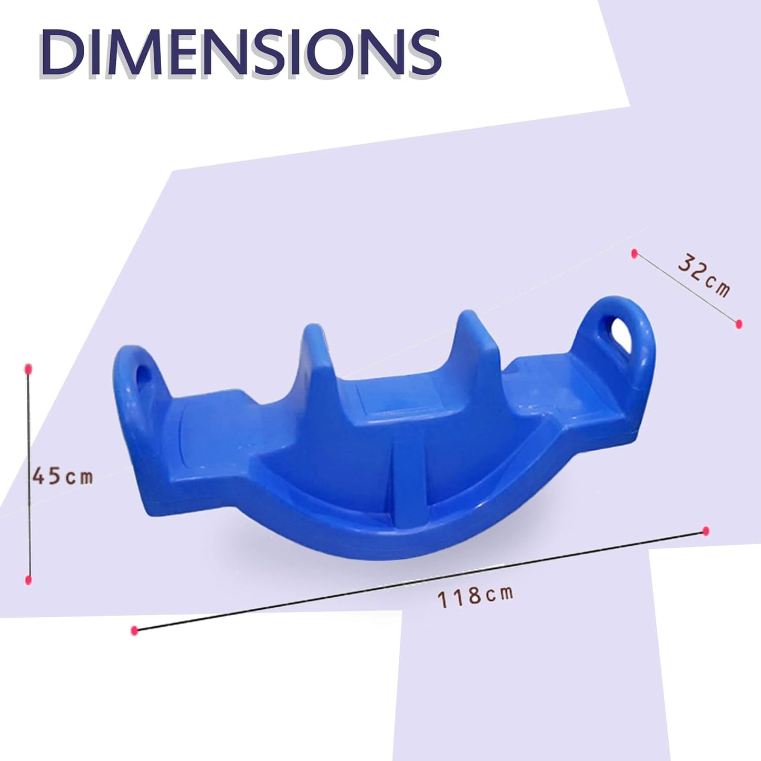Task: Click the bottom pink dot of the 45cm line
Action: (x=28, y=580)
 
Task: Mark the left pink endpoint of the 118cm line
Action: (x=134, y=630)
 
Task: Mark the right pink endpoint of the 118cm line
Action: (x=706, y=531)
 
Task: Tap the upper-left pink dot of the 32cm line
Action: (x=635, y=254)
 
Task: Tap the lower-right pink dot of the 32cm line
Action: (x=739, y=323)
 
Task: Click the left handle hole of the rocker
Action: (x=143, y=384)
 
